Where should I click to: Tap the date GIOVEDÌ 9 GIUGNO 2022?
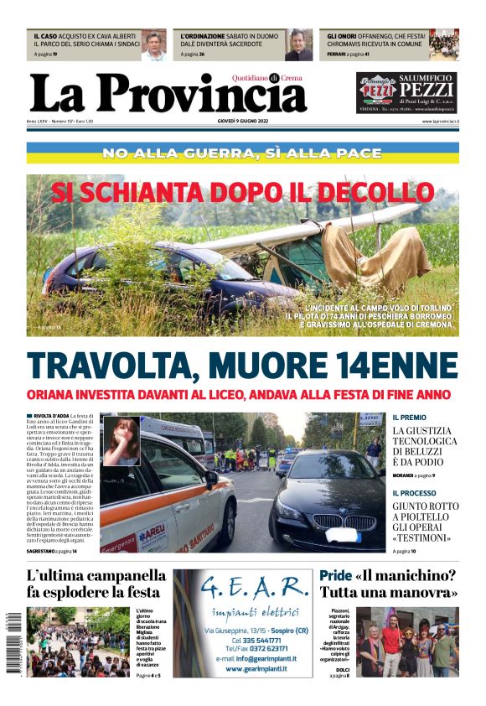tap(243, 122)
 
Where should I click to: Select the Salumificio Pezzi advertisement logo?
tap(406, 93)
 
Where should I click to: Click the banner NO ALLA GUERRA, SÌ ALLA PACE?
tap(242, 153)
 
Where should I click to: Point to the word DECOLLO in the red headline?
tap(365, 192)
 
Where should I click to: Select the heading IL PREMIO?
tap(409, 417)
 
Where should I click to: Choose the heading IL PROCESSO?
tap(414, 493)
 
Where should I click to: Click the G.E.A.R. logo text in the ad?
tap(243, 587)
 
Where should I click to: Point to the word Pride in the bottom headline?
tap(334, 576)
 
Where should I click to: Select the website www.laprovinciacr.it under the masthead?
tap(440, 122)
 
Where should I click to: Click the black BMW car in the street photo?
tap(332, 507)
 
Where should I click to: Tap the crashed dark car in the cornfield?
tap(168, 277)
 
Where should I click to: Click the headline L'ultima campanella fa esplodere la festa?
tap(96, 584)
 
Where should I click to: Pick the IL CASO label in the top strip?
tap(44, 37)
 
